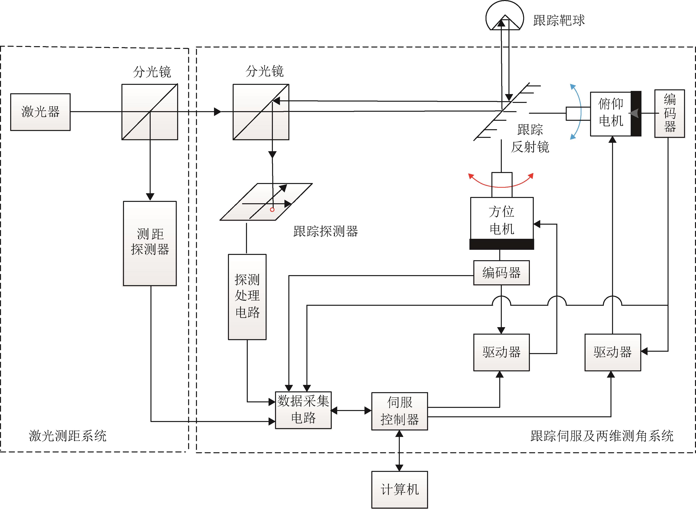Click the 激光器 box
[x=40, y=112]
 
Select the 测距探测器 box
[x=150, y=244]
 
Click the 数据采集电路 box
[x=303, y=410]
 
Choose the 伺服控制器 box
[x=400, y=411]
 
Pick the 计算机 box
[x=400, y=490]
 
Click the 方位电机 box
[x=502, y=218]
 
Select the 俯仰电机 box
[x=611, y=114]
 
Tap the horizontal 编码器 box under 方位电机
[x=501, y=273]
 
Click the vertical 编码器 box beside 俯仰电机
[x=670, y=113]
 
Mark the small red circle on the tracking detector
[x=272, y=210]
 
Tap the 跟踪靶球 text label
[x=559, y=20]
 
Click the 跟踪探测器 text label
[x=326, y=231]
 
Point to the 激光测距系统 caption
[x=67, y=436]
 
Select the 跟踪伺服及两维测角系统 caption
[x=602, y=436]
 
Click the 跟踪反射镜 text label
[x=530, y=138]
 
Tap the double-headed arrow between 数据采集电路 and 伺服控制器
[x=351, y=410]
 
